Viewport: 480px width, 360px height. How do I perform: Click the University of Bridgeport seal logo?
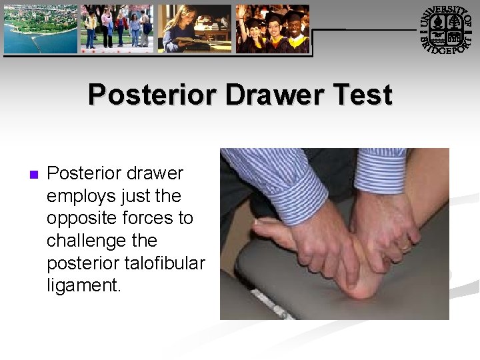coord(447,29)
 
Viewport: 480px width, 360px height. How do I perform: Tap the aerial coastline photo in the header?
coord(41,29)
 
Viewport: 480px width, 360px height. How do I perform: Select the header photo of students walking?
coord(117,29)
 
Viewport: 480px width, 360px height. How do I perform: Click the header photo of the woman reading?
coord(195,29)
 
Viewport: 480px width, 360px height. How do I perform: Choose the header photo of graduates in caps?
coord(273,29)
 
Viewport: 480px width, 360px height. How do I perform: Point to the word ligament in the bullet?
coord(83,285)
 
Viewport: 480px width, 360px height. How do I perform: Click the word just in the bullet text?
coord(135,197)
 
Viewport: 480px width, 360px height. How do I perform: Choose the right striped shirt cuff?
coord(381,170)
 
